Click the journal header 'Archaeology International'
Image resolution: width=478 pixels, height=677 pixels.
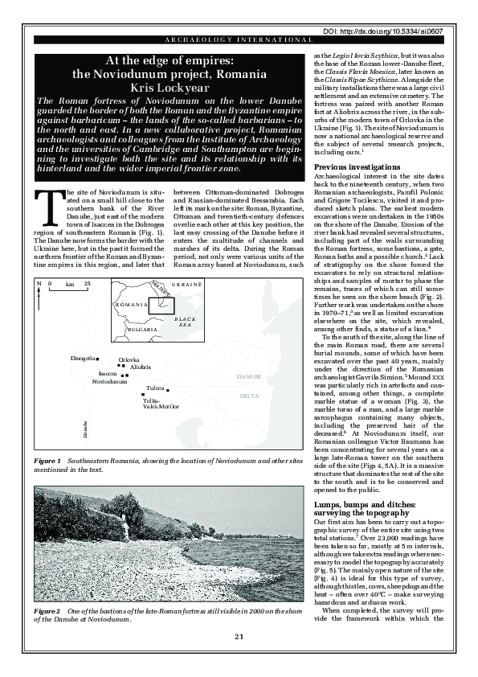pos(239,39)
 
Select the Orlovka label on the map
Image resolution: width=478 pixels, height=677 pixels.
pos(129,359)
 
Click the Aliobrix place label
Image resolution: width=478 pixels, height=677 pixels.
pos(141,367)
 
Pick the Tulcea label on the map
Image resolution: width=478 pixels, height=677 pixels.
pos(155,388)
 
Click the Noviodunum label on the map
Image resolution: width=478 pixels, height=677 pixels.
pos(110,382)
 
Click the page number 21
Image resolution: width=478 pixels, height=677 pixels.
pos(239,660)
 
